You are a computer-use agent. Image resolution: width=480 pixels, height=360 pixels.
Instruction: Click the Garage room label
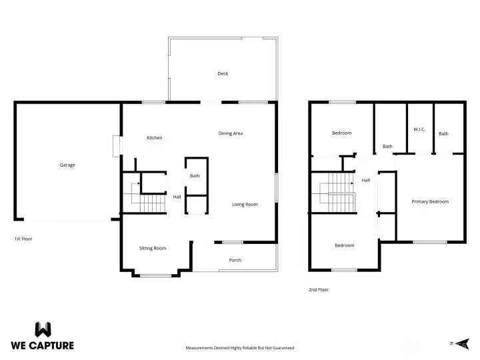67,165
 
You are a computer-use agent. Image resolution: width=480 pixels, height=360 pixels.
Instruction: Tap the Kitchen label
155,138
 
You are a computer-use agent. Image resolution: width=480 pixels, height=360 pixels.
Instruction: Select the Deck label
223,73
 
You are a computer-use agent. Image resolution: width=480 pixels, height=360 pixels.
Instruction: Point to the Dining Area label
231,133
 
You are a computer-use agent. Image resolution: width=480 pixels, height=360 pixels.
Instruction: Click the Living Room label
245,204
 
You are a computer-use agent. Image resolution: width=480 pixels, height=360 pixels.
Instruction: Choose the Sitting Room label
153,248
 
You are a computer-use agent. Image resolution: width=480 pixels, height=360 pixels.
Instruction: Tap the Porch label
235,260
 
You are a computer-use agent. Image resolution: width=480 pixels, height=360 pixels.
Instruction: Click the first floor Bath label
195,176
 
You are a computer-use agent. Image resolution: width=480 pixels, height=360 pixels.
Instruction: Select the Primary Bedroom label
430,201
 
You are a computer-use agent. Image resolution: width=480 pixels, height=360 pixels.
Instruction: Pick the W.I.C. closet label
419,129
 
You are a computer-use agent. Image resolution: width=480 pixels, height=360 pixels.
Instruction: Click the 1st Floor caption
23,238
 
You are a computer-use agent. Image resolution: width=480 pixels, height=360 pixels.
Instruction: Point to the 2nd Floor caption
319,289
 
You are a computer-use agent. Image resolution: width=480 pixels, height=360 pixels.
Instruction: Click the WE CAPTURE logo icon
43,329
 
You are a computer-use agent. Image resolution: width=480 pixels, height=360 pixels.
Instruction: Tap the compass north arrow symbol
459,343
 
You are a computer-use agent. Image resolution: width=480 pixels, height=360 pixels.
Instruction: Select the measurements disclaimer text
239,347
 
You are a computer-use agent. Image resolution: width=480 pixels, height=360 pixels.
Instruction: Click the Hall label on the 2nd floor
366,180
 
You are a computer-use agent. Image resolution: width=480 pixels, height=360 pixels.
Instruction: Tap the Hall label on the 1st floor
177,197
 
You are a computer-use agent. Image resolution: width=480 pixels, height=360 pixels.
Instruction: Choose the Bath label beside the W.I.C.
443,133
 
